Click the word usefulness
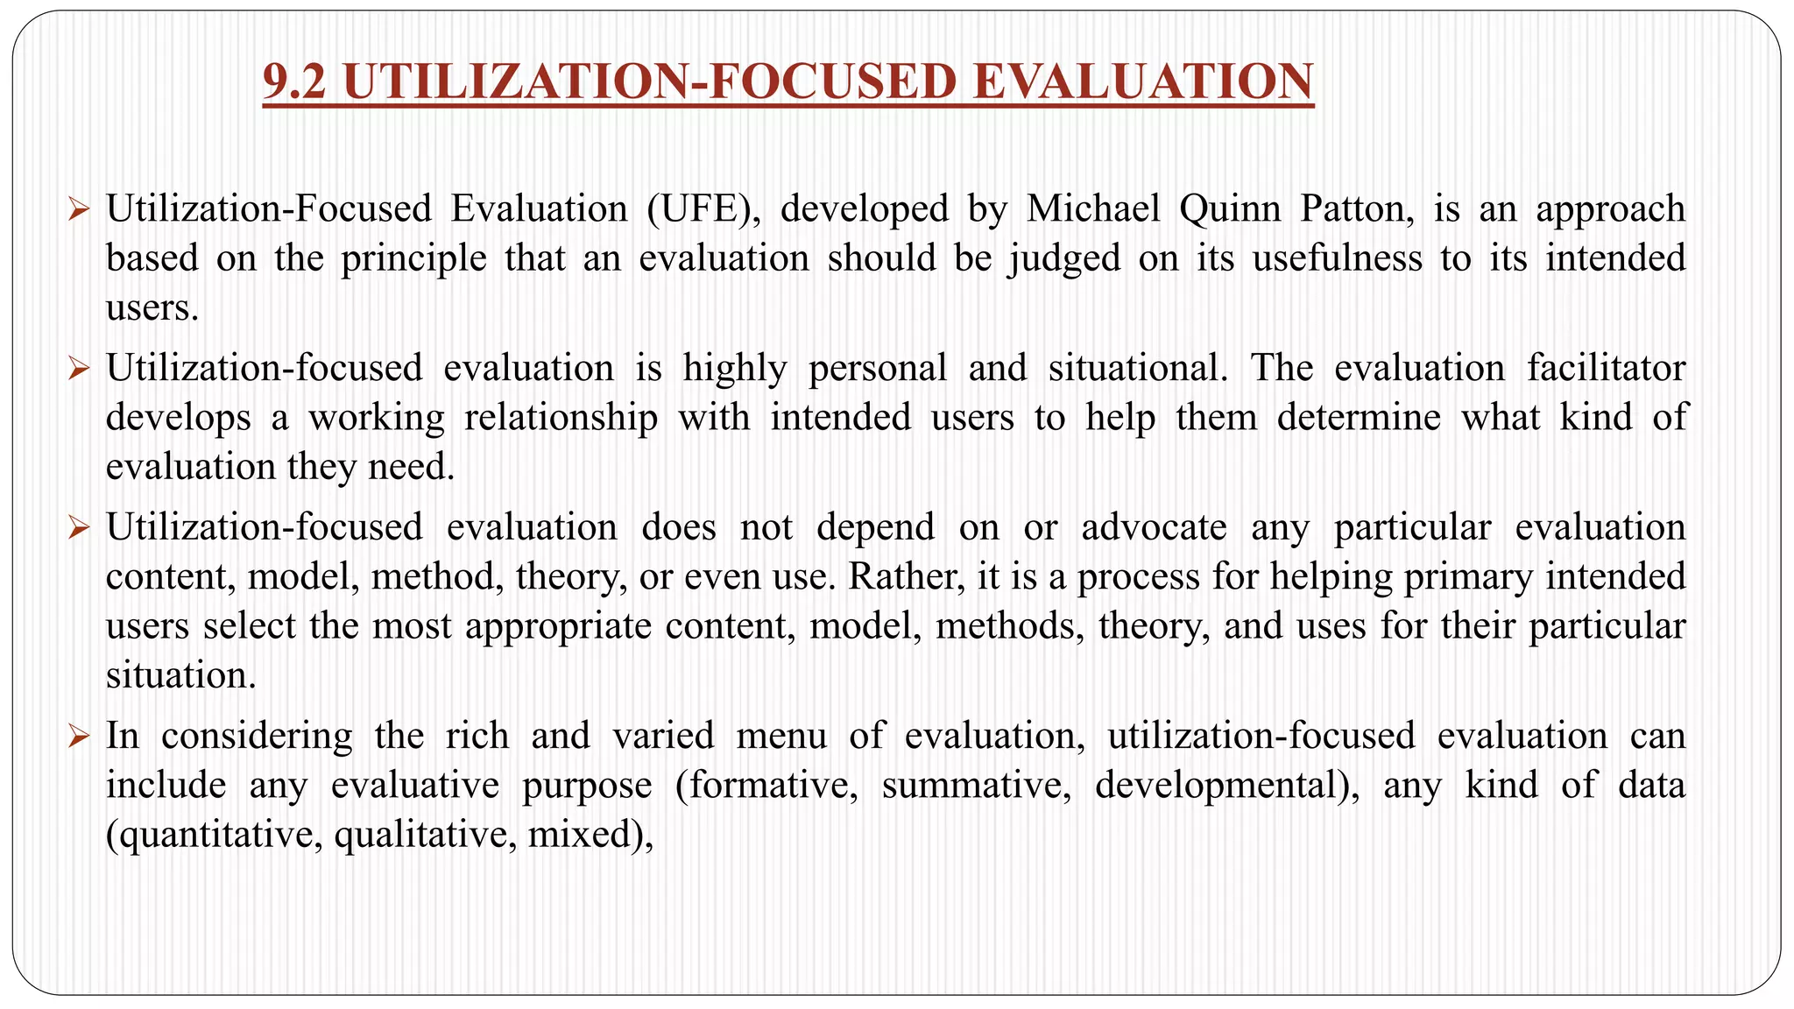point(1337,258)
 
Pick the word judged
point(1064,258)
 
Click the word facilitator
point(1607,368)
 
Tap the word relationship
point(561,417)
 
